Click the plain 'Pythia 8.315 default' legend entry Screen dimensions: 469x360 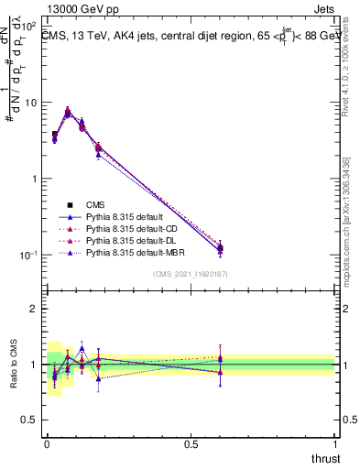(x=114, y=216)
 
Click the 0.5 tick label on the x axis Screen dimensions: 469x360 (x=191, y=443)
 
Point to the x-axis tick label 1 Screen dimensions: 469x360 (x=335, y=443)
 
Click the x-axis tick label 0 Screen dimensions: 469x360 (x=47, y=443)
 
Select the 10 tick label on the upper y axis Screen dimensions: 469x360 (x=31, y=103)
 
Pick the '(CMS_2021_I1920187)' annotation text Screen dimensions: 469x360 (x=190, y=273)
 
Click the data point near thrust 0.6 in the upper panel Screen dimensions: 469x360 (x=220, y=248)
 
